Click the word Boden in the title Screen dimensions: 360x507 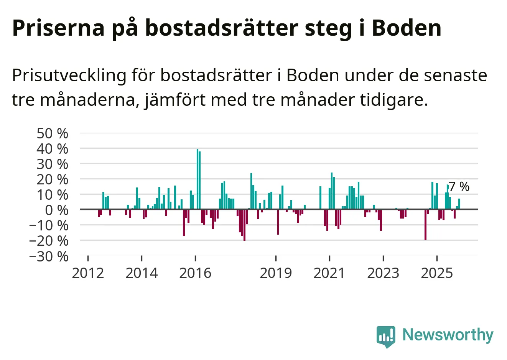coord(407,28)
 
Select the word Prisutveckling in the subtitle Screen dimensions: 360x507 coord(69,76)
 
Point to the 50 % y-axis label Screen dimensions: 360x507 coord(52,133)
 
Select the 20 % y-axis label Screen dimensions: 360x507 coord(52,179)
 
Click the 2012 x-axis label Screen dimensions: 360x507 coord(88,273)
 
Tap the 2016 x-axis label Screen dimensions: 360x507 coord(195,273)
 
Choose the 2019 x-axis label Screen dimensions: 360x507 coord(276,273)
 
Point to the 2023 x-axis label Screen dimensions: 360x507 coord(383,273)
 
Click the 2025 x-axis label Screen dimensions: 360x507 coord(437,273)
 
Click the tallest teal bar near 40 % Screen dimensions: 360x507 coord(198,179)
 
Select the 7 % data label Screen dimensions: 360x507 coord(459,187)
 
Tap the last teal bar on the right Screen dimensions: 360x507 coord(459,204)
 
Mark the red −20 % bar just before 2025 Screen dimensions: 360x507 coord(425,225)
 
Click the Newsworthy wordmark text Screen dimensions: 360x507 coord(448,335)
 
